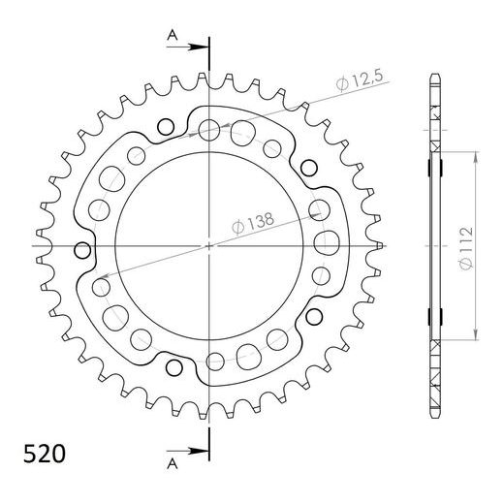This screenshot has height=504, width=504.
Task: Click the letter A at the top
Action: pos(172,36)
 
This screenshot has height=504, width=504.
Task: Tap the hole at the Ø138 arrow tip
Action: pos(100,287)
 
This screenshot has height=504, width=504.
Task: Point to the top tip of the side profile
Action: pos(434,76)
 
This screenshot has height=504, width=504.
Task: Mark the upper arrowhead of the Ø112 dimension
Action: pos(475,155)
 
